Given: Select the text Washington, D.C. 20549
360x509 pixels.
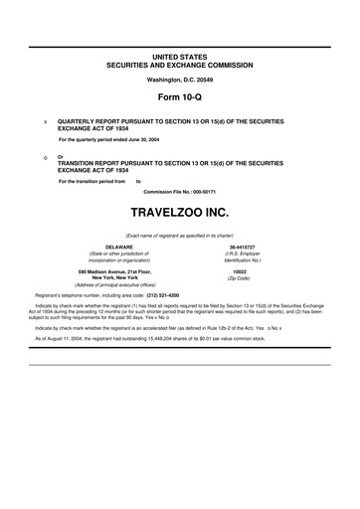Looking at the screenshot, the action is pyautogui.click(x=179, y=79).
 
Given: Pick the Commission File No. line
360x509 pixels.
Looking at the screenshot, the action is pyautogui.click(x=179, y=193).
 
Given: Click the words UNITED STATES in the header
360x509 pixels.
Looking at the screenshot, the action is pyautogui.click(x=179, y=49).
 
